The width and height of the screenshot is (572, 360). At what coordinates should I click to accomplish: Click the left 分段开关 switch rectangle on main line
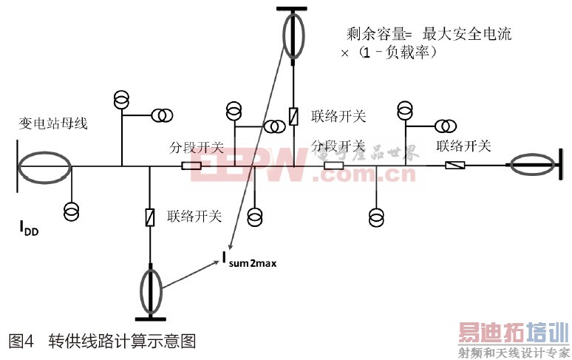point(192,166)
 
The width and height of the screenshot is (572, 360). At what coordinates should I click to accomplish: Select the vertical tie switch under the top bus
point(293,117)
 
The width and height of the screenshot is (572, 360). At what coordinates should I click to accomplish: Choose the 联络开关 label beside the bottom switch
point(194,217)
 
